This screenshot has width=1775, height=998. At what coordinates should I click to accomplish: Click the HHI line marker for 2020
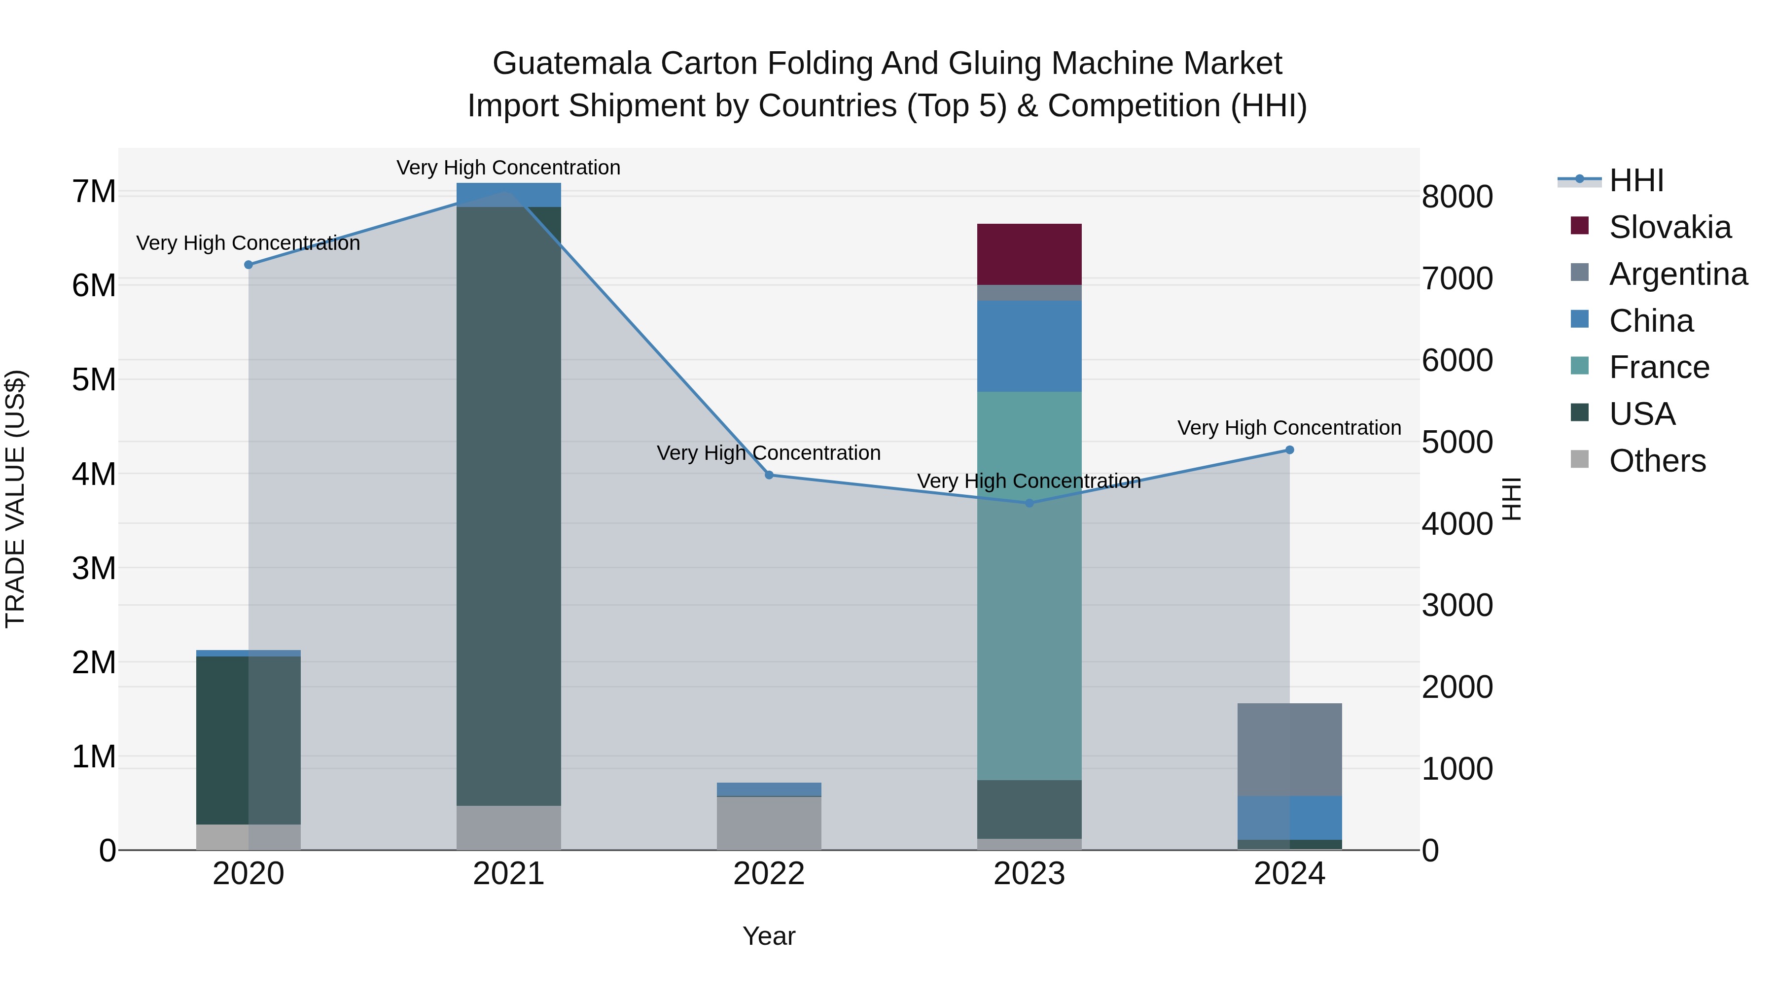249,265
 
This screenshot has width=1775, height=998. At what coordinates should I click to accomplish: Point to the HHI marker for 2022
769,475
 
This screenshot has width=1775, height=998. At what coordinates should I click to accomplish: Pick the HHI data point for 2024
1289,450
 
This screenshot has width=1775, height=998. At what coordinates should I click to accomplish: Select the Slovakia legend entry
1669,227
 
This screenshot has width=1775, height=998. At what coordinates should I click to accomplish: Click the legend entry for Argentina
1678,274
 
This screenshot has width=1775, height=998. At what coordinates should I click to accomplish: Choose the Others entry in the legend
1657,461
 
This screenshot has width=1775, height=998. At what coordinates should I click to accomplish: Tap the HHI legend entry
1636,180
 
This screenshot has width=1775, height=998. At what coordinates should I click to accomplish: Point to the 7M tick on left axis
94,192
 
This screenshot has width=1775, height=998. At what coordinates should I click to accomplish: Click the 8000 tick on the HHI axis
1456,197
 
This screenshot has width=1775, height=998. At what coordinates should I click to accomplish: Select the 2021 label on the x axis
508,874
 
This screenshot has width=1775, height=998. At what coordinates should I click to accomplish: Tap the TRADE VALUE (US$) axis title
15,499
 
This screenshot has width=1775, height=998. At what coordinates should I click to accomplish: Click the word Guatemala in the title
571,64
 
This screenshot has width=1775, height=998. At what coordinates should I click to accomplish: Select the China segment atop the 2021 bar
508,195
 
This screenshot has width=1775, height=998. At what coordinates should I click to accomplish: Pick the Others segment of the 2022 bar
769,823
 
